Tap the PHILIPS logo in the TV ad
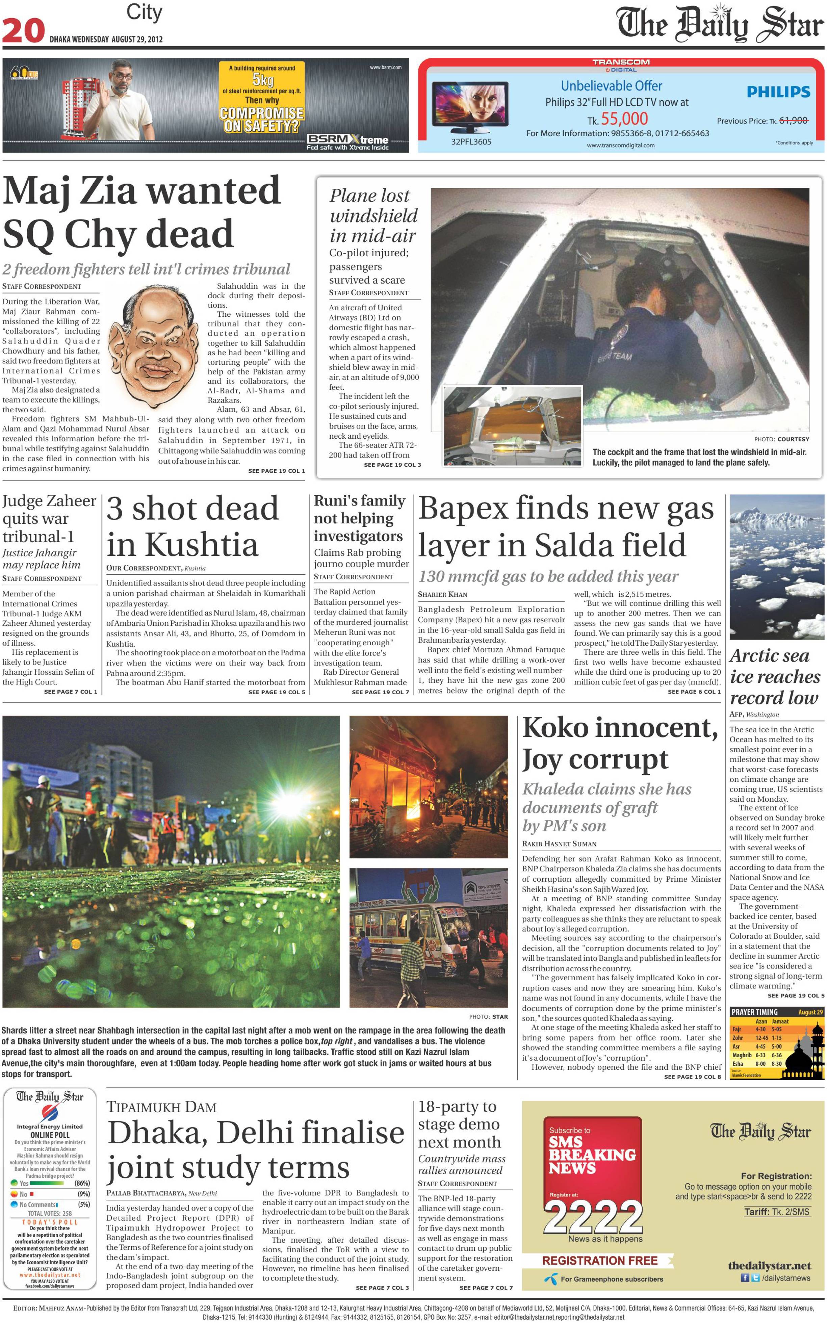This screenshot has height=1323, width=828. pos(778,92)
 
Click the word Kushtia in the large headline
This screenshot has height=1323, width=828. pos(202,545)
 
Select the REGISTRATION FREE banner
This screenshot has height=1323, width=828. pos(600,1261)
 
